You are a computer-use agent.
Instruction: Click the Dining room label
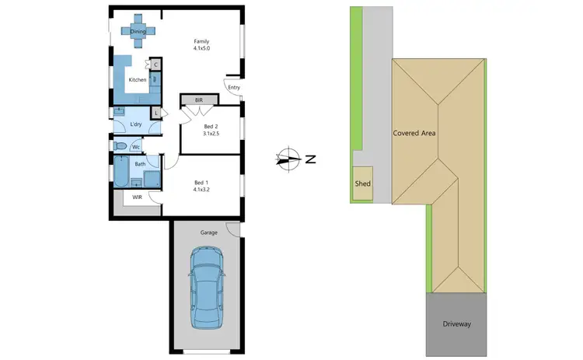[x=138, y=31]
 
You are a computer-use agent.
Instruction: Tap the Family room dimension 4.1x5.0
[x=202, y=48]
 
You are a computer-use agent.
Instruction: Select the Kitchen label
[x=138, y=79]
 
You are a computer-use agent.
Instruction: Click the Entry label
[x=233, y=87]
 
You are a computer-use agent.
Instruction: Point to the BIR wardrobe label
[x=199, y=100]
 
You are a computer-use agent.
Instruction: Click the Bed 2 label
[x=211, y=126]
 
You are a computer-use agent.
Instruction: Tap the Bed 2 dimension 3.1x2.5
[x=211, y=134]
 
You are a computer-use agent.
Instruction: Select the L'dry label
[x=136, y=124]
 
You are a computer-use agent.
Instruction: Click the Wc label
[x=135, y=146]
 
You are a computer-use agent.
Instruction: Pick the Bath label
[x=140, y=164]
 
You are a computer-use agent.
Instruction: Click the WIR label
[x=138, y=197]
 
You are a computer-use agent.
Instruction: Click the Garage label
[x=208, y=232]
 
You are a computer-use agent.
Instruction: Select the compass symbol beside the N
[x=288, y=159]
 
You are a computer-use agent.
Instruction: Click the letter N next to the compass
[x=310, y=160]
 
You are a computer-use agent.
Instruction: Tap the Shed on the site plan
[x=363, y=184]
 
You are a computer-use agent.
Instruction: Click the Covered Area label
[x=414, y=133]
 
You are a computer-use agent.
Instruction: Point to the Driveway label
[x=456, y=323]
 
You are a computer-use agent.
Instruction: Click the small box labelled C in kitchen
[x=156, y=65]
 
